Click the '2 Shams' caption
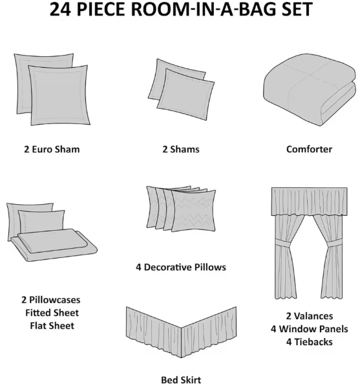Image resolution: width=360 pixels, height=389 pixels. click(x=180, y=149)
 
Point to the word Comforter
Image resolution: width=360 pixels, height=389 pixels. click(x=309, y=149)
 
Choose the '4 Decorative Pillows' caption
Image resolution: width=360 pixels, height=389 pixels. click(x=180, y=266)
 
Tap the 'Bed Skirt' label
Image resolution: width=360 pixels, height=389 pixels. click(x=180, y=380)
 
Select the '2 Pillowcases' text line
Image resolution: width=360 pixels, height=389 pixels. click(x=52, y=300)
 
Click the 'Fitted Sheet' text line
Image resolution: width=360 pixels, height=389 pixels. click(x=52, y=313)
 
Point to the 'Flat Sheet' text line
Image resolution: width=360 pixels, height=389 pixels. click(x=52, y=326)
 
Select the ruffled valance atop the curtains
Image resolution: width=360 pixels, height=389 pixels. click(x=310, y=202)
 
